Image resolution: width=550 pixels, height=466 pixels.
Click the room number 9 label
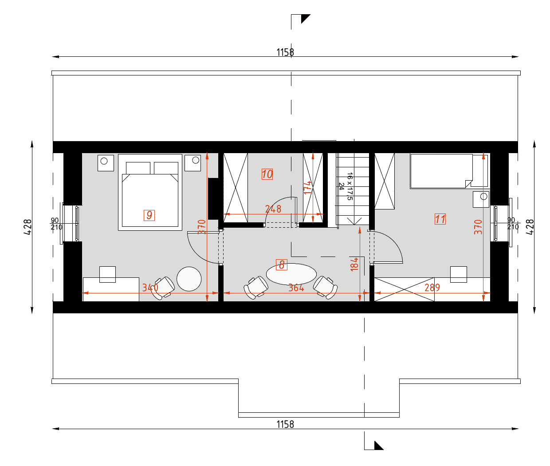(x=149, y=215)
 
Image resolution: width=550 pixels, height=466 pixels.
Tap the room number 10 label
(x=267, y=174)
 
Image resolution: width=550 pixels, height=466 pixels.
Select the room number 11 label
(x=440, y=219)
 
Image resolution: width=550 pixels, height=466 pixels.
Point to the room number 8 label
(x=282, y=265)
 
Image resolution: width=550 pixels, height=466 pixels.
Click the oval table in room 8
(x=291, y=274)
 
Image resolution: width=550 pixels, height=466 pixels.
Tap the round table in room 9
(x=189, y=279)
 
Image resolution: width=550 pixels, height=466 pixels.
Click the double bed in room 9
(x=150, y=192)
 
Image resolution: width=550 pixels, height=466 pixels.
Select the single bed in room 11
(x=449, y=171)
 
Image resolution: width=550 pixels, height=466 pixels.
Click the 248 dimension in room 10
(x=273, y=209)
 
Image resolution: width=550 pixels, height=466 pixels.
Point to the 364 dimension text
(x=296, y=288)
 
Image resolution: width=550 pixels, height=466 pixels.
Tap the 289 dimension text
(x=432, y=288)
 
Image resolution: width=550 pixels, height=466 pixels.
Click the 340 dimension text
(x=150, y=288)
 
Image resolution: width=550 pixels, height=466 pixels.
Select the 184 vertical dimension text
(x=354, y=264)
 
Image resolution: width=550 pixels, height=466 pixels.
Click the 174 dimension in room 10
(x=307, y=187)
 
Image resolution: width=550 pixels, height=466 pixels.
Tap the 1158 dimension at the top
(x=285, y=52)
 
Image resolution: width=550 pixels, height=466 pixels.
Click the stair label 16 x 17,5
(x=350, y=186)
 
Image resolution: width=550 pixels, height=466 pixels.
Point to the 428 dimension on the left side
(x=27, y=227)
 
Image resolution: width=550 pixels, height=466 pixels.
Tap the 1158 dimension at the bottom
(x=285, y=424)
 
